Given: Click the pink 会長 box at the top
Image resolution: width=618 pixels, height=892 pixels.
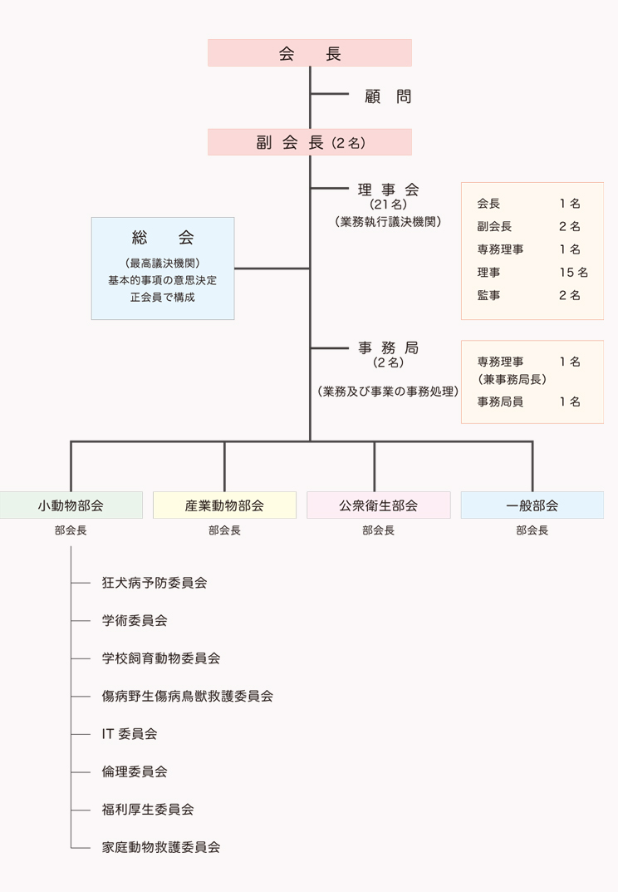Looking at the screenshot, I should pyautogui.click(x=309, y=53).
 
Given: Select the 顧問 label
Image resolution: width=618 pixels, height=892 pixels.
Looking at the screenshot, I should pyautogui.click(x=388, y=96).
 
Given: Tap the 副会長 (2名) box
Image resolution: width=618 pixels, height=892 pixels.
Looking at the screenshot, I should pyautogui.click(x=309, y=142).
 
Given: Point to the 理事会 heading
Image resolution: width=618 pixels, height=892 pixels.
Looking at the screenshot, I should pyautogui.click(x=388, y=189).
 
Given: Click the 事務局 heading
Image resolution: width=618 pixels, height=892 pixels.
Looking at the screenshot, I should pyautogui.click(x=388, y=347).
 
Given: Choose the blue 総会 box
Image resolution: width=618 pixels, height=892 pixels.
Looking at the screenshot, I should pyautogui.click(x=163, y=268).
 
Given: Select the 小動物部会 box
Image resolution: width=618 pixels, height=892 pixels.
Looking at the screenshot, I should pyautogui.click(x=71, y=505).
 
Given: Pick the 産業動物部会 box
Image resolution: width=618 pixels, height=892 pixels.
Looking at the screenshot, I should pyautogui.click(x=224, y=505).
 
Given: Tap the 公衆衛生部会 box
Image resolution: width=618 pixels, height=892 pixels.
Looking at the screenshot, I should pyautogui.click(x=378, y=505).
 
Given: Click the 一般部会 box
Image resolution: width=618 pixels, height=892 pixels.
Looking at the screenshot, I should pyautogui.click(x=532, y=505).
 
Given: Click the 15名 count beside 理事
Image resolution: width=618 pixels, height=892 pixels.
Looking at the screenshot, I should pyautogui.click(x=573, y=272).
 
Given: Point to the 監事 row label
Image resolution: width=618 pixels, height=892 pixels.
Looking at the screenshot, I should pyautogui.click(x=489, y=295).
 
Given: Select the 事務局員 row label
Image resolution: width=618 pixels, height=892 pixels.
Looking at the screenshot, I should pyautogui.click(x=500, y=402).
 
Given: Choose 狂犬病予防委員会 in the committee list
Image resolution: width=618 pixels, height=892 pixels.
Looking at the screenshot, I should pyautogui.click(x=154, y=583).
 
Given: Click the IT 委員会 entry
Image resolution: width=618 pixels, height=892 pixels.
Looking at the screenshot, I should pyautogui.click(x=130, y=734).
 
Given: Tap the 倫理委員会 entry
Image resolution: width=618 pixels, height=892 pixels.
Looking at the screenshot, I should pyautogui.click(x=135, y=771).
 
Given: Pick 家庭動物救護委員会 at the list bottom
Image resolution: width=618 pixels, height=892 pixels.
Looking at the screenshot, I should pyautogui.click(x=161, y=847).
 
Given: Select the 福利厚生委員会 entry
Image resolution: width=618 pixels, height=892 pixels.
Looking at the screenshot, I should pyautogui.click(x=148, y=809).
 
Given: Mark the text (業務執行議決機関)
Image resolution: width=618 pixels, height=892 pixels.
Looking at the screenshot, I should pyautogui.click(x=388, y=222).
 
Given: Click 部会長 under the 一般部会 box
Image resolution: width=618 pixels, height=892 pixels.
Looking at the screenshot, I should pyautogui.click(x=532, y=530).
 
